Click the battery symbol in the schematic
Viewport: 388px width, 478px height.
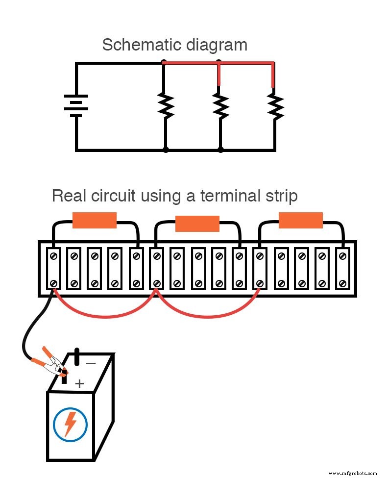click(x=76, y=105)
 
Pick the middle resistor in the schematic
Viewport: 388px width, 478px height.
click(x=221, y=105)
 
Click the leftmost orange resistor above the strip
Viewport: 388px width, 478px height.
click(x=94, y=220)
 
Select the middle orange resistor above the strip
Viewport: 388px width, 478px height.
click(x=197, y=224)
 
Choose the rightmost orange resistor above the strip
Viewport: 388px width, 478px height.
click(x=301, y=220)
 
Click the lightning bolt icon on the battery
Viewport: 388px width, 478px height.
click(x=70, y=424)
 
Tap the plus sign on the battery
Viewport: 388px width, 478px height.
click(x=79, y=383)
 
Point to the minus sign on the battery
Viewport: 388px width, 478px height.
click(x=91, y=363)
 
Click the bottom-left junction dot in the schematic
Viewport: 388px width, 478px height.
click(x=166, y=150)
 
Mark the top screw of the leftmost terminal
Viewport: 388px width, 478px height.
click(x=53, y=255)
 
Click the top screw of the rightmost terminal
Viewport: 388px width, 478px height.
click(x=342, y=255)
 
